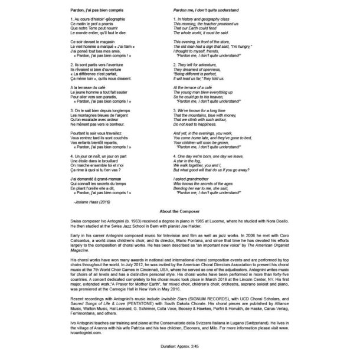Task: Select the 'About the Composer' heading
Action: (x=180, y=209)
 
